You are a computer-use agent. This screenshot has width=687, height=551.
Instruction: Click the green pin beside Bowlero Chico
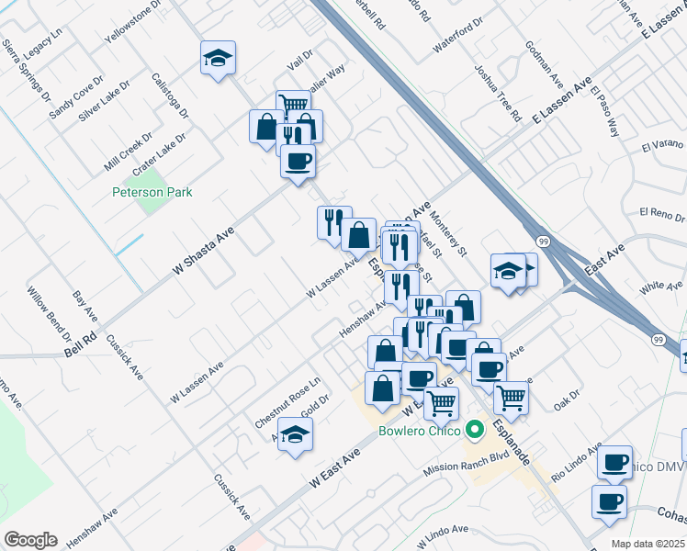(x=475, y=429)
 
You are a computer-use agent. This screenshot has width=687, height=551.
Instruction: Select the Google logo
(x=30, y=540)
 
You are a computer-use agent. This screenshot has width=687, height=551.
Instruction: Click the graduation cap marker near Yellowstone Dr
(x=218, y=59)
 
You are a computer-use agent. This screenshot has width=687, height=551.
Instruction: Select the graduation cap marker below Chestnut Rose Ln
(x=296, y=434)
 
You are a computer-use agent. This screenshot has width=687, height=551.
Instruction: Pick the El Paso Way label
(x=606, y=111)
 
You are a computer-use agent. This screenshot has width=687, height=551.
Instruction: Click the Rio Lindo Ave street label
(x=574, y=463)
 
